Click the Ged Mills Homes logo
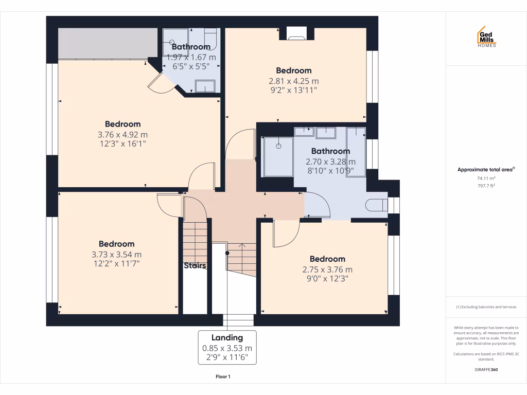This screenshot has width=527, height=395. click(x=486, y=37)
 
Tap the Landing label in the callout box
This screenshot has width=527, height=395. click(x=227, y=337)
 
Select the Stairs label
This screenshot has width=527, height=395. click(x=195, y=266)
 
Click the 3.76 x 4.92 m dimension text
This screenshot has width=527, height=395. click(x=122, y=135)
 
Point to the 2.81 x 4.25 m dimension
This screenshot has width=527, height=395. click(x=293, y=81)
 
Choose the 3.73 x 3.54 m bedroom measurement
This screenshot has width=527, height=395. click(x=116, y=254)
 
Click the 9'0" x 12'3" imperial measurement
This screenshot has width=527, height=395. click(x=327, y=279)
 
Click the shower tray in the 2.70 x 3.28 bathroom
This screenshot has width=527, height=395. click(x=278, y=156)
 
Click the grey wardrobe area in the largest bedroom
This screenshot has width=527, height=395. click(x=108, y=44)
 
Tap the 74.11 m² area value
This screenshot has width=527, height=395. click(x=486, y=178)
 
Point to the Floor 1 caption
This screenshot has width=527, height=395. click(x=223, y=377)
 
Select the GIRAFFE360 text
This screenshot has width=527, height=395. click(x=486, y=369)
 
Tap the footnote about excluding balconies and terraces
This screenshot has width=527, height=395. click(x=486, y=307)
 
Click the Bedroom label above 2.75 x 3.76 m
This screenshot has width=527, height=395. click(x=327, y=259)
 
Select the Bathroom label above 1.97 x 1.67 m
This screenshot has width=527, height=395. click(x=191, y=47)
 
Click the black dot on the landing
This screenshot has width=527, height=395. click(x=227, y=253)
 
